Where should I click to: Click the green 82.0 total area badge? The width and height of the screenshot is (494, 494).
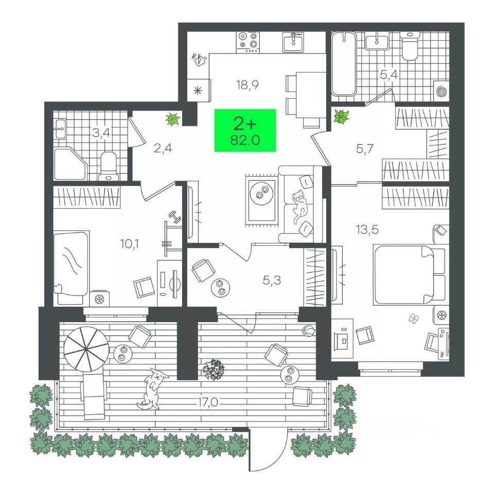[x=245, y=130]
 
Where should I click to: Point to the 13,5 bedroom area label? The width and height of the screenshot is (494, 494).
[x=367, y=230]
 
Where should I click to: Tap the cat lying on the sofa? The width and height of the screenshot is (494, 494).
[x=299, y=205]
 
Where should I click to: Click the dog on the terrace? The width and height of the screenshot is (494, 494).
[x=153, y=389]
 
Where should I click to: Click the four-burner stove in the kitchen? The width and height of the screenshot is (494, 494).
[x=249, y=42]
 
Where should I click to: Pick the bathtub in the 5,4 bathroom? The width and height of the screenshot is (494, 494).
[x=343, y=64]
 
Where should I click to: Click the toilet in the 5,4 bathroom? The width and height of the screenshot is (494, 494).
[x=411, y=47]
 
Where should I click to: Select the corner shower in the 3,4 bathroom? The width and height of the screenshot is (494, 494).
[x=69, y=164]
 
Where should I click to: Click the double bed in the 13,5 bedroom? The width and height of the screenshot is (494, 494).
[x=409, y=275]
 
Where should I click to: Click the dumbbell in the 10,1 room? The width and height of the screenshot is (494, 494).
[x=175, y=218]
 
